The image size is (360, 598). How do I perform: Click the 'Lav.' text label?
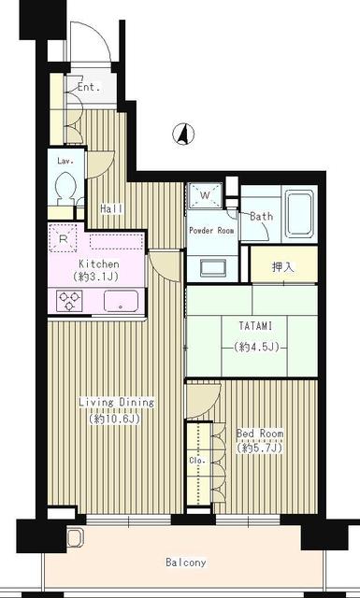[65, 162]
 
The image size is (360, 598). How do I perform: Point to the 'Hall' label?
[111, 208]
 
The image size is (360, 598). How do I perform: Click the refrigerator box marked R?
[64, 239]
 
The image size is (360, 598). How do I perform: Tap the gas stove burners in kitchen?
[69, 300]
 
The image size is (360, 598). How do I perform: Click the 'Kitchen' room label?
[96, 264]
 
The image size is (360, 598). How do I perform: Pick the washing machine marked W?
[205, 196]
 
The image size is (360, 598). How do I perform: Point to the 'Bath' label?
[261, 217]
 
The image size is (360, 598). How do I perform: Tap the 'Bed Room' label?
[260, 434]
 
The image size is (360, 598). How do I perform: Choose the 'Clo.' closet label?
[196, 461]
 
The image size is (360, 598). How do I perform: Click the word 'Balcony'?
[186, 562]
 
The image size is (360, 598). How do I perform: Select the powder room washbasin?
[209, 265]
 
